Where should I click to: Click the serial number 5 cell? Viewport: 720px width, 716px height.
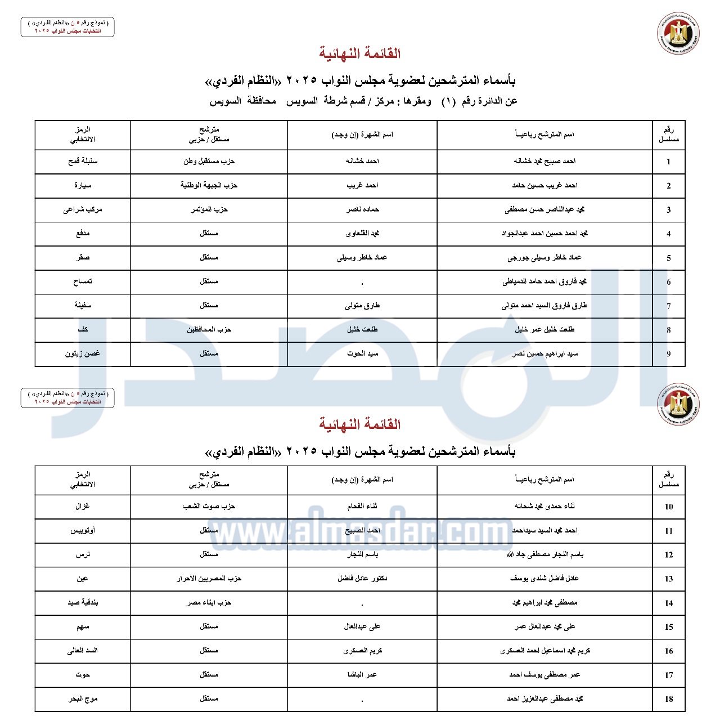coord(668,258)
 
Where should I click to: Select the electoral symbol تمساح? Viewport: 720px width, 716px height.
coord(83,281)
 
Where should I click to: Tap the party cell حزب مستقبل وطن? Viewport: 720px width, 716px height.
coord(209,162)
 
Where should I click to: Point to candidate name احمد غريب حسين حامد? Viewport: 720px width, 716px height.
coord(544,185)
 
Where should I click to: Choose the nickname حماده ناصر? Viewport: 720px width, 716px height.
coord(362,209)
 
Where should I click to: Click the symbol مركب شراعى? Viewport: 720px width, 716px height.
coord(83,209)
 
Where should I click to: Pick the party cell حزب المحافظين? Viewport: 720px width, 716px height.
coord(209,329)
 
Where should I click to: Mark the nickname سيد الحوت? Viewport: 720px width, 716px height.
coord(362,353)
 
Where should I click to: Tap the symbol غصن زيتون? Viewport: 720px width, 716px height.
coord(83,353)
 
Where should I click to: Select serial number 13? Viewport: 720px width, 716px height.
coord(668,579)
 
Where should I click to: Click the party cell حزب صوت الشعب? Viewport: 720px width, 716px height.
coord(209,507)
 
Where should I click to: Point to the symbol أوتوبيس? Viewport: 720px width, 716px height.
coord(83,530)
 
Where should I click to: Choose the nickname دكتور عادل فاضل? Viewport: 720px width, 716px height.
coord(362,579)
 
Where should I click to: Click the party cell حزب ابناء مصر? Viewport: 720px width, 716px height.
coord(209,603)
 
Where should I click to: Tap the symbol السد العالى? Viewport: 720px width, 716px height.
coord(83,651)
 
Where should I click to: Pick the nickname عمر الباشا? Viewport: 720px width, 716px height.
coord(362,674)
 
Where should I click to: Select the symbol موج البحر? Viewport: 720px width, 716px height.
coord(83,699)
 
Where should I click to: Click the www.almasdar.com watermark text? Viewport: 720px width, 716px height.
coord(360,532)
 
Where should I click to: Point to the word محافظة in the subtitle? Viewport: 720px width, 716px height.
coord(262,101)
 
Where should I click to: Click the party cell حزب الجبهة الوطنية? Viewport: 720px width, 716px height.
coord(209,185)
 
